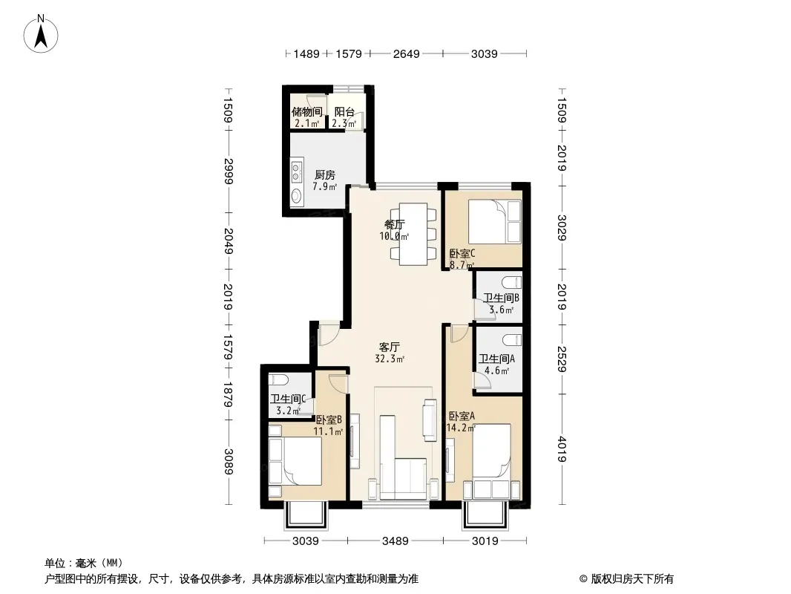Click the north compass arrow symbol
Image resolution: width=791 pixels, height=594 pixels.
[41, 34]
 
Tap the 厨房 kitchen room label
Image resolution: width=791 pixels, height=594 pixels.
[324, 175]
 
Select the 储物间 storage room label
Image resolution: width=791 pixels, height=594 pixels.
[306, 111]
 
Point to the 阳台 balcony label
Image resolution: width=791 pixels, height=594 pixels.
[344, 111]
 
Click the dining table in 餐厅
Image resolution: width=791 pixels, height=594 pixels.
[413, 234]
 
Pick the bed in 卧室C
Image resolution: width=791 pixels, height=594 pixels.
[494, 222]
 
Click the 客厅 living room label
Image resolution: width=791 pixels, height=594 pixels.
[390, 347]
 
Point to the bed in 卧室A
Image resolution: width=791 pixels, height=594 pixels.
[491, 450]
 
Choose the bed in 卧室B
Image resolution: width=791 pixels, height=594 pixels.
[296, 461]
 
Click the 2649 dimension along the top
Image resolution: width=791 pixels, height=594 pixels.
[406, 53]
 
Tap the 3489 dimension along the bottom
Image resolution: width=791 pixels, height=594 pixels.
[395, 541]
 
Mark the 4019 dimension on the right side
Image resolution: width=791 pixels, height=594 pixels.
[562, 449]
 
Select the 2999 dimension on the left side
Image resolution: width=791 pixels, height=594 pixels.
[229, 171]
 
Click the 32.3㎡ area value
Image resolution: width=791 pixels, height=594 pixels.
[390, 359]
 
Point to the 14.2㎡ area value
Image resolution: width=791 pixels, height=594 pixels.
[461, 428]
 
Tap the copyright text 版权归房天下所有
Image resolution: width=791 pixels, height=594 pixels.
[631, 579]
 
